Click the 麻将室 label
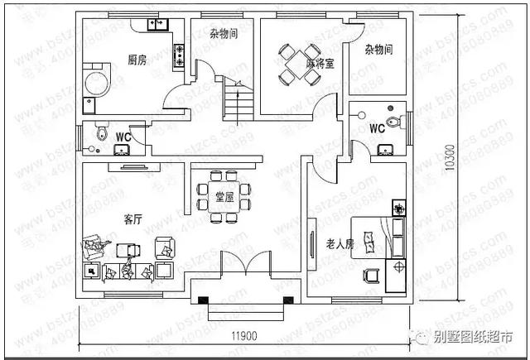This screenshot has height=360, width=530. tap(319, 64)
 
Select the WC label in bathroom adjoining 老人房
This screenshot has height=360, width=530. tap(376, 128)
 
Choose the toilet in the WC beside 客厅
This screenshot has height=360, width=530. tap(99, 132)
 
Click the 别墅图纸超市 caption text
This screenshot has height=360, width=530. tap(475, 337)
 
